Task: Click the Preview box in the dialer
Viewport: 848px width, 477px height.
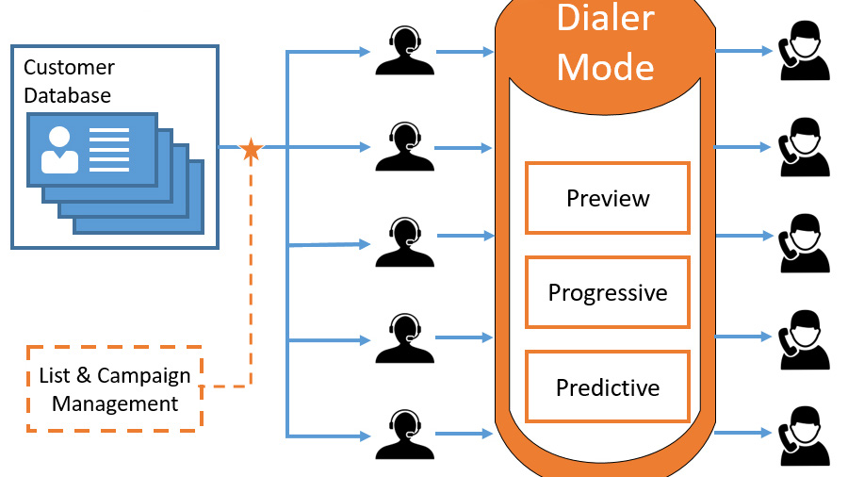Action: coord(608,198)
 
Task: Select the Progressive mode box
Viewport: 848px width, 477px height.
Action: coord(608,292)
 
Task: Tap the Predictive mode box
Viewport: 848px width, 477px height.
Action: coord(608,387)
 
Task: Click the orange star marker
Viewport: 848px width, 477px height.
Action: coord(251,149)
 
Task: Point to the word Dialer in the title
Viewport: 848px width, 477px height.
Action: coord(606,18)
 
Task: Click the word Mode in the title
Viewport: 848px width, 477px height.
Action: coord(606,67)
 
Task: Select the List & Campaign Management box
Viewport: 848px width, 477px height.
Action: coord(115,389)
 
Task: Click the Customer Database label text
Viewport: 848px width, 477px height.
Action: coord(69,81)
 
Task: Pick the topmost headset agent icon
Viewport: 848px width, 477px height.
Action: coord(404,51)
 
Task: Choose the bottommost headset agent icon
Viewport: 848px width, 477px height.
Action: coord(404,434)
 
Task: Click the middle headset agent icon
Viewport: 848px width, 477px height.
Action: coord(404,242)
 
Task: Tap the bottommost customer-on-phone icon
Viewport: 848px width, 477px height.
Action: coord(804,435)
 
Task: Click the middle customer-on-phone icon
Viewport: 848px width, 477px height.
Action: coord(804,244)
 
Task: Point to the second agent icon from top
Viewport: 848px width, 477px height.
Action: coord(404,147)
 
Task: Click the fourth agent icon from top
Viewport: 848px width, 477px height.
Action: coord(404,338)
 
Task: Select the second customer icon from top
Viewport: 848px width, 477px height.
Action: coord(804,148)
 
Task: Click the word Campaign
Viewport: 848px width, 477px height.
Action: coord(144,375)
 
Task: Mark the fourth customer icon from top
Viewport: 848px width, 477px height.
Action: coord(804,339)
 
